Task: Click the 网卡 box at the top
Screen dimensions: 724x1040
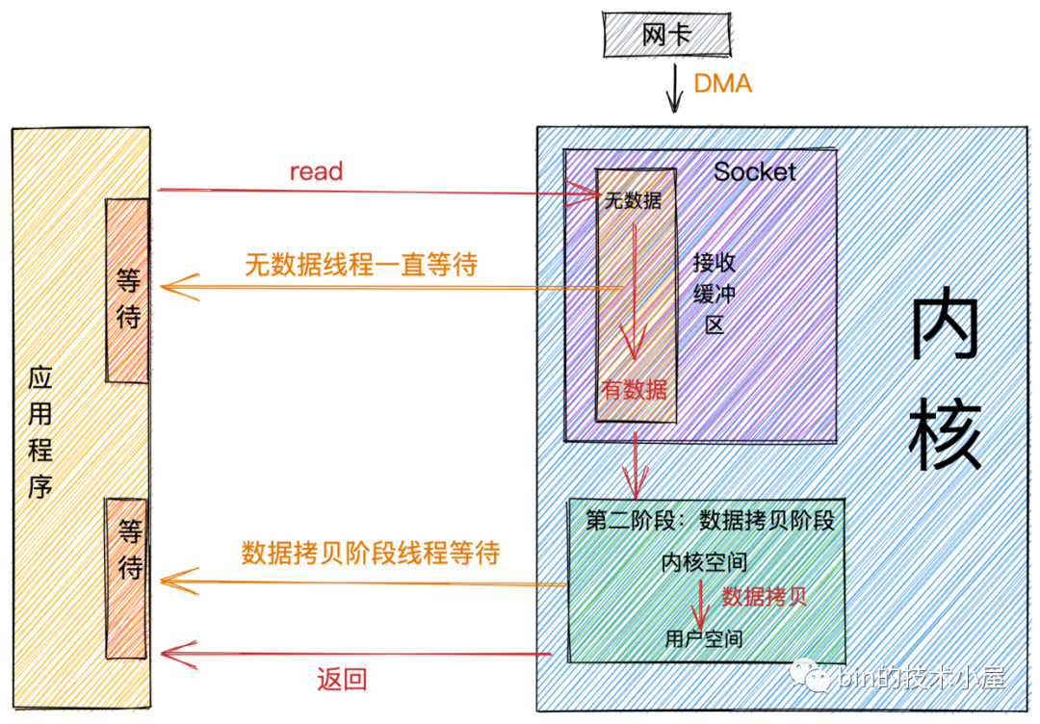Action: [x=666, y=35]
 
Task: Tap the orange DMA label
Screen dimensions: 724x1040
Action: [x=722, y=84]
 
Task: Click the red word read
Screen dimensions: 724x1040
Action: [x=316, y=171]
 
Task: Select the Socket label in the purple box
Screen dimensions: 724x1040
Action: [x=755, y=172]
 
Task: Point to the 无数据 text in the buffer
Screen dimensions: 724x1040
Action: [x=633, y=201]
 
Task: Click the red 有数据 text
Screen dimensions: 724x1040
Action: [x=634, y=390]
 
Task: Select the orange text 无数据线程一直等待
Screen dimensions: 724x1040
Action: [x=361, y=266]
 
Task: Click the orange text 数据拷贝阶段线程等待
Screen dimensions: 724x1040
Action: [x=371, y=554]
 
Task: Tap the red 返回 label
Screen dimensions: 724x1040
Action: [x=342, y=680]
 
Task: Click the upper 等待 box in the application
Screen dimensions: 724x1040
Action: [x=128, y=289]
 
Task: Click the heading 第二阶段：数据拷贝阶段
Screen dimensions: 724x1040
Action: [x=710, y=520]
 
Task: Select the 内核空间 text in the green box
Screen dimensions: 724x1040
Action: [x=705, y=562]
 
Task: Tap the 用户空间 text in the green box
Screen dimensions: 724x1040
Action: [x=705, y=638]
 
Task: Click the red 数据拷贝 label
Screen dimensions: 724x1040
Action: [x=765, y=596]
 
